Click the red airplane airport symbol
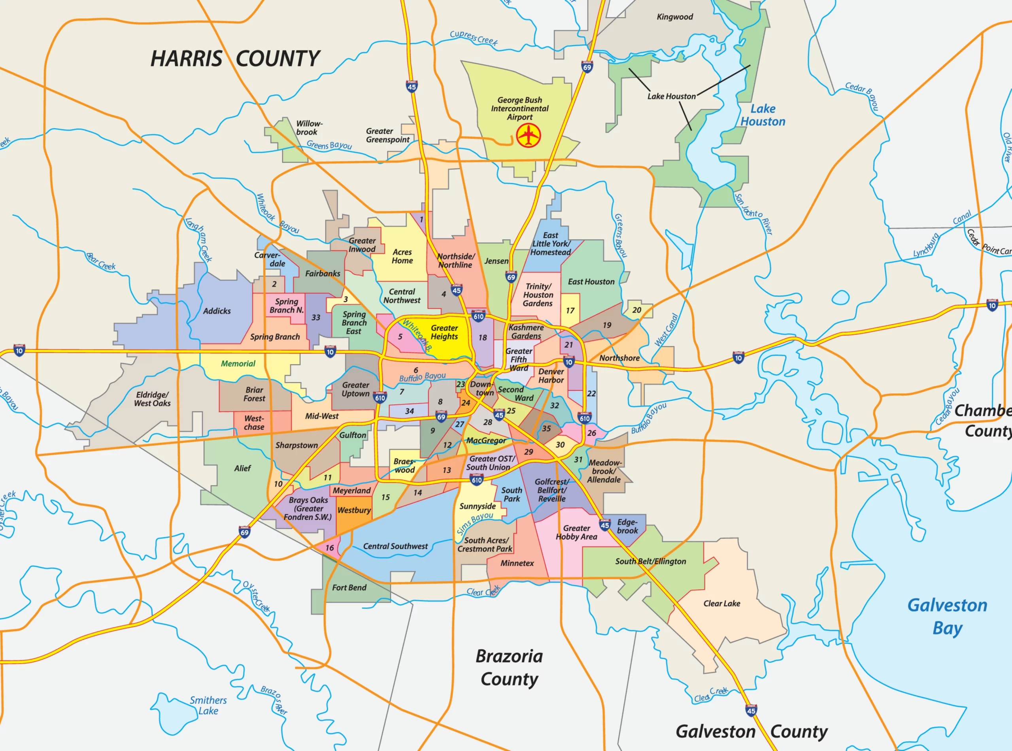coord(528,136)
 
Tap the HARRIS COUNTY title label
coord(235,58)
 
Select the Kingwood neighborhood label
coord(675,17)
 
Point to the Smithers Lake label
coord(208,705)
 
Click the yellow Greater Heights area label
coord(444,332)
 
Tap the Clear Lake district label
coord(721,603)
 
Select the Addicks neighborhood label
coord(217,311)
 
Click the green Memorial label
coord(238,363)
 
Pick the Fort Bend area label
coord(349,587)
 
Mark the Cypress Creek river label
coord(473,38)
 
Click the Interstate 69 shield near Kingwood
coord(587,66)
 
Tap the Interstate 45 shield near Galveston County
coord(751,709)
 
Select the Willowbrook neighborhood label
coord(309,128)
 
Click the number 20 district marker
coord(636,309)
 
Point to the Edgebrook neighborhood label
coord(627,526)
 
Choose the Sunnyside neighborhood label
coord(478,506)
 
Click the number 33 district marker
coord(315,317)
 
